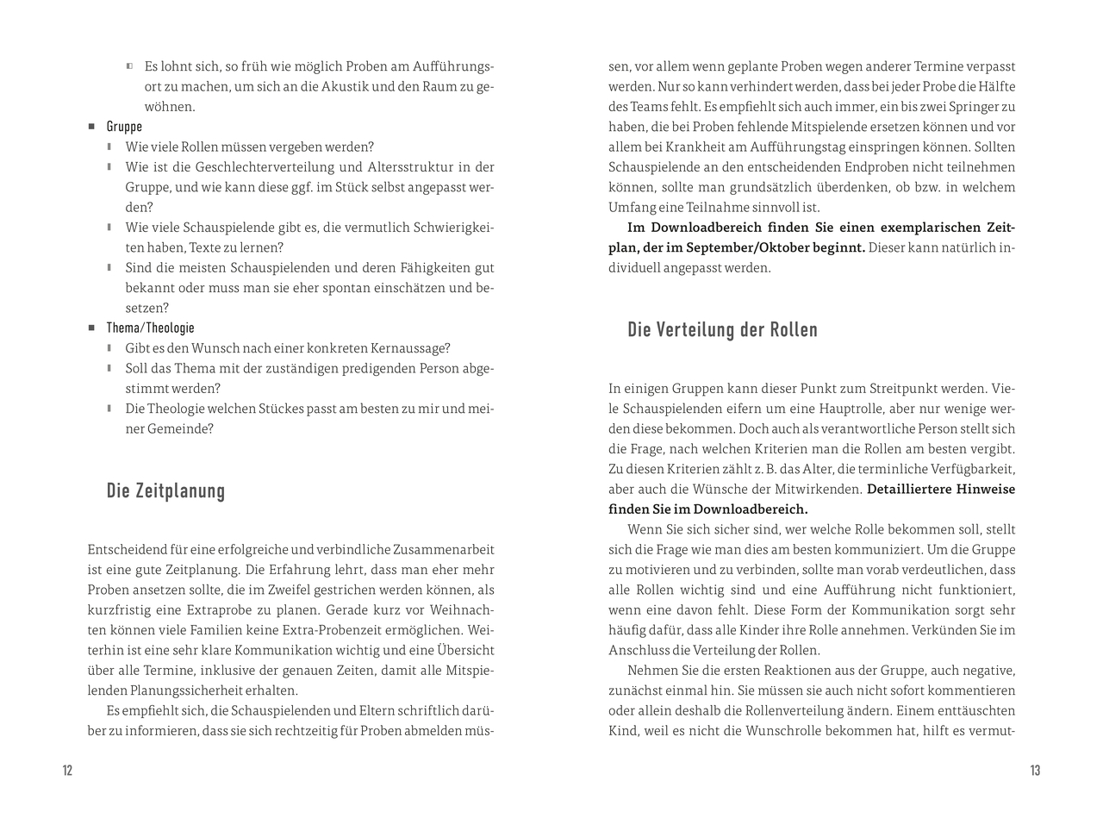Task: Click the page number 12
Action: (67, 771)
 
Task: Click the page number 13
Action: (1035, 771)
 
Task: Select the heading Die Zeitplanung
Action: (165, 491)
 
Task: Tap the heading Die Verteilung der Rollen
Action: (722, 330)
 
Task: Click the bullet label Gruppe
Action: (124, 127)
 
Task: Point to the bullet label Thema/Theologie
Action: (150, 328)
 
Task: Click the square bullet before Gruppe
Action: (91, 127)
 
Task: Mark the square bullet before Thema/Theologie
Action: (91, 328)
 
